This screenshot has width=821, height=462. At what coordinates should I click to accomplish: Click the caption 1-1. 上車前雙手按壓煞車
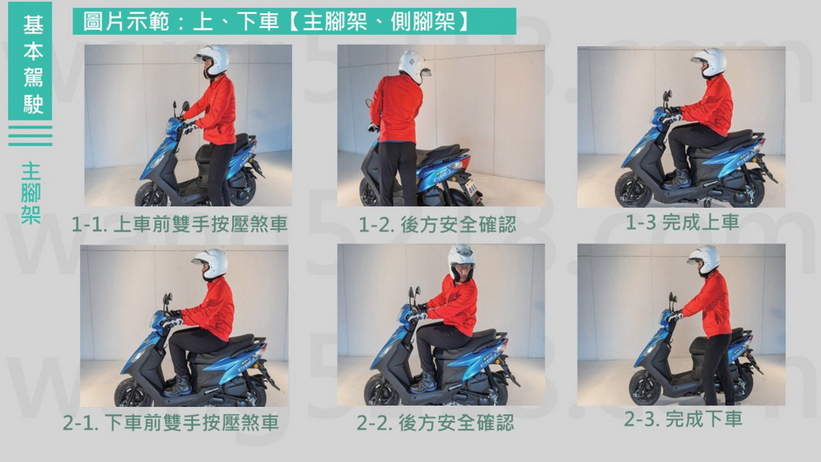[180, 224]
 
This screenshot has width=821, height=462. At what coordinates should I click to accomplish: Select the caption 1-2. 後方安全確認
[437, 225]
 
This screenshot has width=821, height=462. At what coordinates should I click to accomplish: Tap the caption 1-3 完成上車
[682, 223]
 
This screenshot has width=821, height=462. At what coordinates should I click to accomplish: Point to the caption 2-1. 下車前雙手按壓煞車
[171, 423]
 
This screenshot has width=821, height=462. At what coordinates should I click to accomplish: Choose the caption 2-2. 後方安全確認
[435, 423]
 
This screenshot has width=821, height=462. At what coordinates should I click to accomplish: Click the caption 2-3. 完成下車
[683, 419]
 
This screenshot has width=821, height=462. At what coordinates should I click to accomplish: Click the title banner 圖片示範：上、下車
[294, 22]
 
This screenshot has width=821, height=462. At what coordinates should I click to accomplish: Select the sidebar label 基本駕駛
[31, 62]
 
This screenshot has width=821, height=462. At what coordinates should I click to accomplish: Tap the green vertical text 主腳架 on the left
[31, 194]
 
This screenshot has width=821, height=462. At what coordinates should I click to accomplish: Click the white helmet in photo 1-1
[212, 59]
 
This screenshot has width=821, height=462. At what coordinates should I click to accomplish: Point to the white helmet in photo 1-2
[414, 66]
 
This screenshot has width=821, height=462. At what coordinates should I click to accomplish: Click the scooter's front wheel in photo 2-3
[646, 388]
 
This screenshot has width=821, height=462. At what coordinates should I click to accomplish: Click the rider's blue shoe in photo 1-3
[678, 180]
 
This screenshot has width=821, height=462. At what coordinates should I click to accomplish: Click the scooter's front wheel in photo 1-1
[152, 194]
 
